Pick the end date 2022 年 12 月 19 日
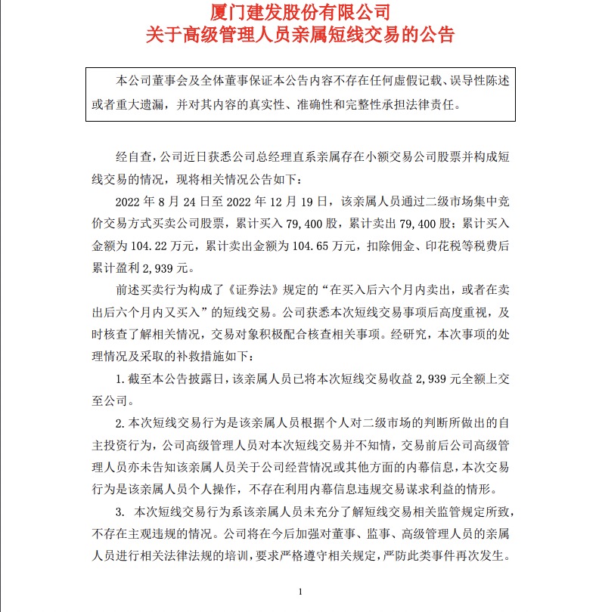pos(277,202)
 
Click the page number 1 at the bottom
pos(301,591)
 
